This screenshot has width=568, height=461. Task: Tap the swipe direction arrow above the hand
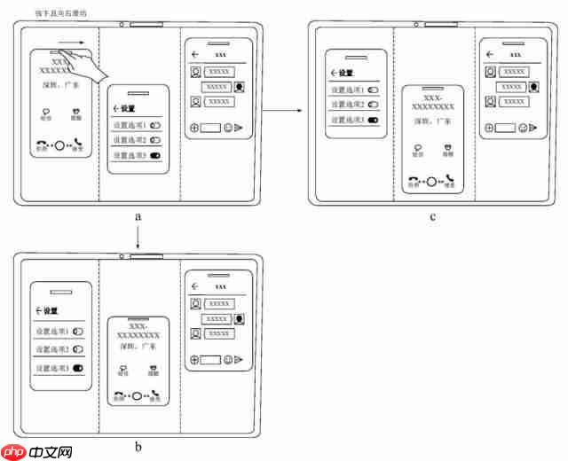(77, 41)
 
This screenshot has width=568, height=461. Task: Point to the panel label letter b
(138, 446)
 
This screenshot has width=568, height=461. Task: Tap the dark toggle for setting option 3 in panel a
(156, 155)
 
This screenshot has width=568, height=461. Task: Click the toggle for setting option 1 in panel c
(374, 90)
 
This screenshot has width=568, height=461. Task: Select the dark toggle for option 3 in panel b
(78, 367)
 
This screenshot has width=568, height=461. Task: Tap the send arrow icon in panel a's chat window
(239, 128)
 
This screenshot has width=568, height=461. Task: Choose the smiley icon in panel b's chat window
(228, 360)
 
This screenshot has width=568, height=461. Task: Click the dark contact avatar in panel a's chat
(241, 87)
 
